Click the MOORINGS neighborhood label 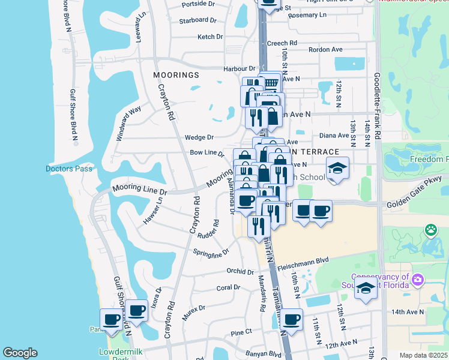point(175,75)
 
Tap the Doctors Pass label point(69,169)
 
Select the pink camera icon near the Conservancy point(418,280)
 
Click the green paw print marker point(430,229)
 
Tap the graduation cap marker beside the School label point(337,169)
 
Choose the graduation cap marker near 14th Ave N point(366,288)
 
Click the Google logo point(20,353)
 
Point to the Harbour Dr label point(240,69)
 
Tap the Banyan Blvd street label point(267,354)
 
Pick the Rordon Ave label point(325,50)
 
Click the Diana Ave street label point(334,136)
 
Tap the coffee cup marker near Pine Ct point(291,320)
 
